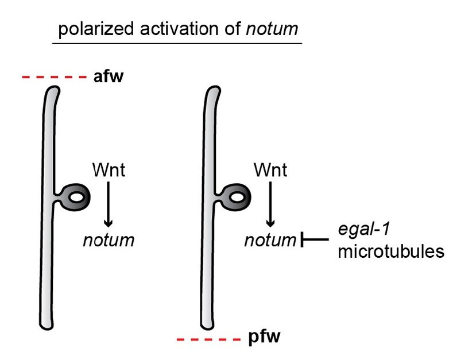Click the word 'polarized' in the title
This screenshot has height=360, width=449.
(96, 29)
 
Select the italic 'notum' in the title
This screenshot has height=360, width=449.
(272, 29)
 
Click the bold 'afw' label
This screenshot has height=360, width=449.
(109, 76)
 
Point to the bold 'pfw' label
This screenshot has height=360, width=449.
(264, 337)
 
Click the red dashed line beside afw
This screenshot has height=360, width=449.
(54, 77)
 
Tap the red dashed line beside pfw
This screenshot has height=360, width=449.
(209, 339)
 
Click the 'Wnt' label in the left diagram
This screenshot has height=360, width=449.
(109, 170)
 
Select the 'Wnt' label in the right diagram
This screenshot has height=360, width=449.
(270, 170)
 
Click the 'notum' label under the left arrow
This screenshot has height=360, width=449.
(109, 240)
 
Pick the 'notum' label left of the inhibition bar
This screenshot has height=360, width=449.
(270, 240)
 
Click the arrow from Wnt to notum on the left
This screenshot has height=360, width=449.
(109, 204)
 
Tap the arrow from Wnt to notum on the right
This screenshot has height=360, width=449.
(270, 204)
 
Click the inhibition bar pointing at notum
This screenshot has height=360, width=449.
(315, 239)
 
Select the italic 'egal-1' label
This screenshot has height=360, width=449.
(364, 229)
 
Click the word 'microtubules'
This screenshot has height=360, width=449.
(391, 251)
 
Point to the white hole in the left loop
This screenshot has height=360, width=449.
(77, 198)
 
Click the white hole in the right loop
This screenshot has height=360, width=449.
(237, 198)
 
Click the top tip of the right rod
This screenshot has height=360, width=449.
(215, 86)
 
